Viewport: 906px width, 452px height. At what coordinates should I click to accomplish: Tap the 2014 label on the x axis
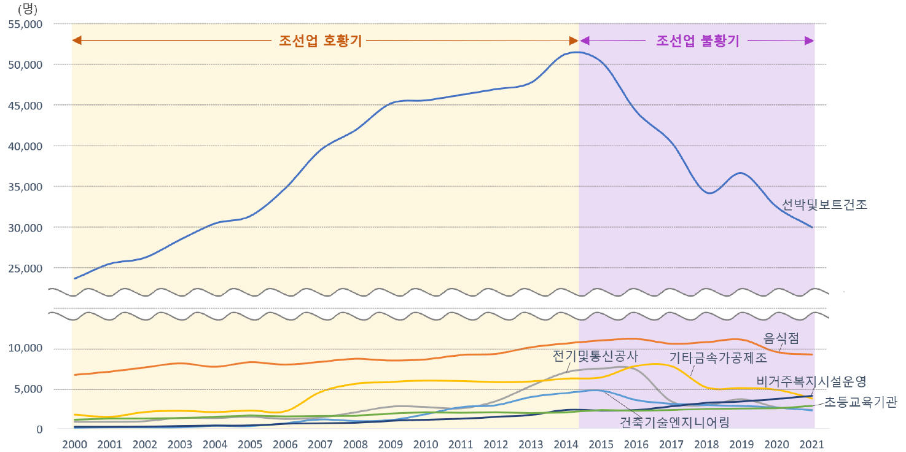coord(566,444)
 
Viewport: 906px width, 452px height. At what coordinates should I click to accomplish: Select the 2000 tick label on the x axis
coord(74,444)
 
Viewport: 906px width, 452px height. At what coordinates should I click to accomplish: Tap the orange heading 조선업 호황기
coord(320,41)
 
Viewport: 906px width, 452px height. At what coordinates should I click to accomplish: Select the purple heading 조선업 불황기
coord(698,41)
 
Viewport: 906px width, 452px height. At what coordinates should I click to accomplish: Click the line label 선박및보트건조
coord(824,205)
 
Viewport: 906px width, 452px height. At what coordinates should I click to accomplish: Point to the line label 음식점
coord(780,338)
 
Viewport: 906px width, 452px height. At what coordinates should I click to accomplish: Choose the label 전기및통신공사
coord(595,356)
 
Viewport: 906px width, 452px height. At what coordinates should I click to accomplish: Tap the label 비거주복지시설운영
coord(811,381)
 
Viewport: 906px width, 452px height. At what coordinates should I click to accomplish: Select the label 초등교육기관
coord(860,402)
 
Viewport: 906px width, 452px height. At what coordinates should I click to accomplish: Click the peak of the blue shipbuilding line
coord(576,52)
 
